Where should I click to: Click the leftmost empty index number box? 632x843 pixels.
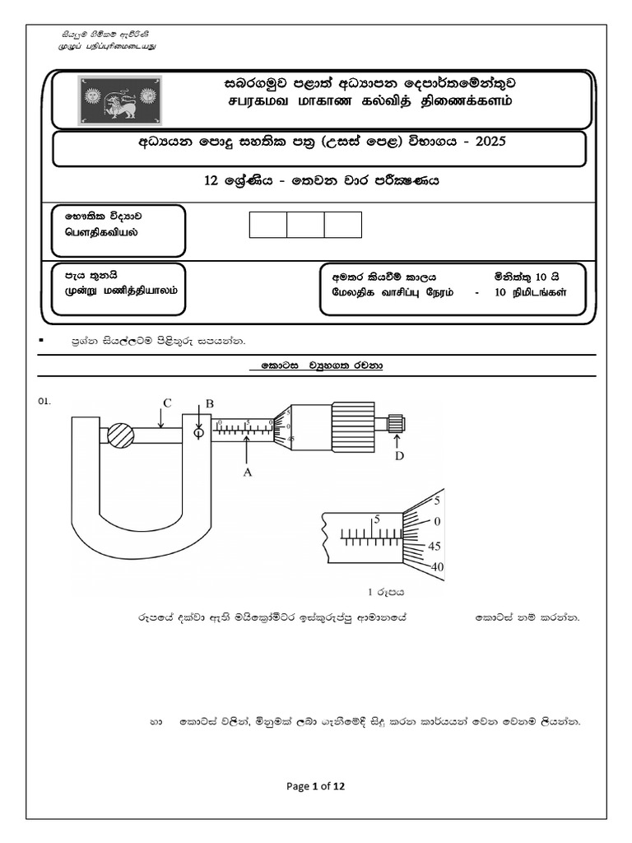268,225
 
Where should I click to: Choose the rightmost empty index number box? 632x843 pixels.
343,225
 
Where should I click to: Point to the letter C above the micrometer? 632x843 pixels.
167,403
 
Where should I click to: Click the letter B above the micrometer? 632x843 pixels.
209,403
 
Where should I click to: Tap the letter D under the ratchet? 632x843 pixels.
399,456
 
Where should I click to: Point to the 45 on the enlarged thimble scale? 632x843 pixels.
435,546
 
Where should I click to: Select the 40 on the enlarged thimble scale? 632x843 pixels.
436,566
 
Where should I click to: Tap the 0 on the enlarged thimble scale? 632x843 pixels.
438,521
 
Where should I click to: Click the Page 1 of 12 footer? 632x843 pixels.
315,786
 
